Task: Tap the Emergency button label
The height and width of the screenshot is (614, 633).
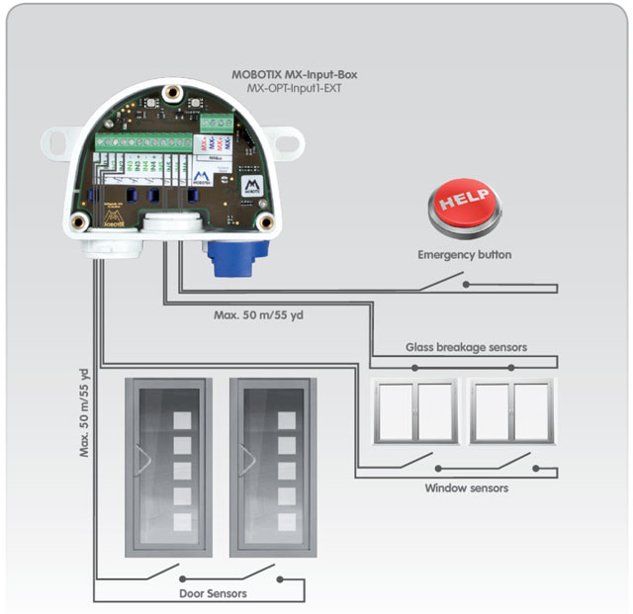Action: pyautogui.click(x=464, y=255)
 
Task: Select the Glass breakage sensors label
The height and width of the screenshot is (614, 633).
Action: pyautogui.click(x=466, y=347)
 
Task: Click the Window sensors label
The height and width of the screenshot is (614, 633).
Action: pyautogui.click(x=466, y=487)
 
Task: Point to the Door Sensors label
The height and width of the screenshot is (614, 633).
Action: pyautogui.click(x=213, y=593)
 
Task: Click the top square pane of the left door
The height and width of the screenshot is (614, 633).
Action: pyautogui.click(x=182, y=418)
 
